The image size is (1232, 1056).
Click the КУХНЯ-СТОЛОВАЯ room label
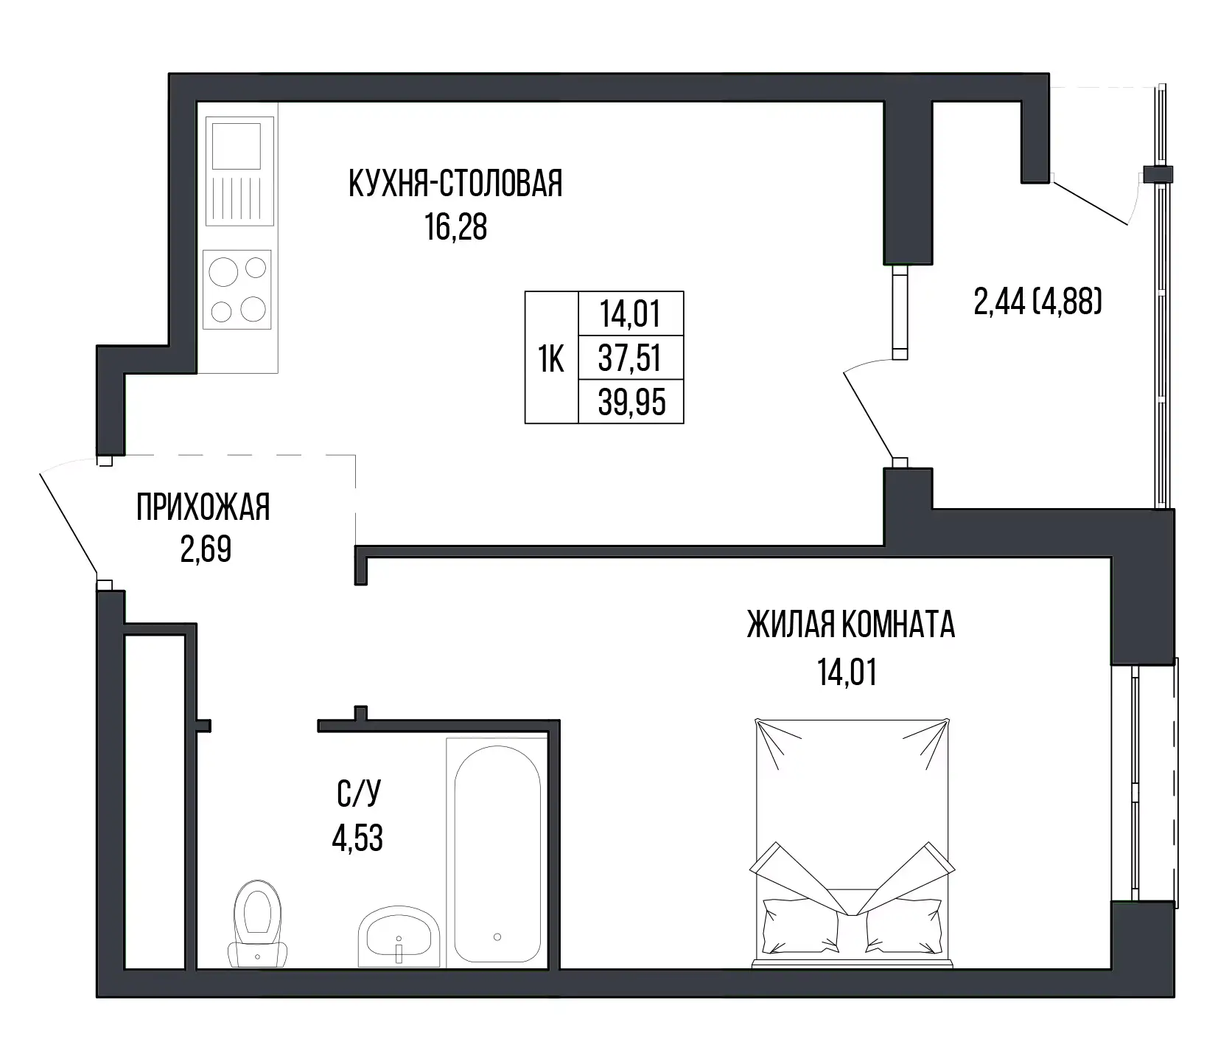455,184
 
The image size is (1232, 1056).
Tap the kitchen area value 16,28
455,228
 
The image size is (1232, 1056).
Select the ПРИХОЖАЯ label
203,508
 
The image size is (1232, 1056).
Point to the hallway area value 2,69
206,550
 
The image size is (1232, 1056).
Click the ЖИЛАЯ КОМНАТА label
851,625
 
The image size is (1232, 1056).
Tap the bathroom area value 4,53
357,838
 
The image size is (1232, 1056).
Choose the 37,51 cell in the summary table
631,360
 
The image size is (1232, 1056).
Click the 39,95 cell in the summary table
631,403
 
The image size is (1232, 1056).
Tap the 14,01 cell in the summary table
631,315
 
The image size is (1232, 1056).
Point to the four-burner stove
237,290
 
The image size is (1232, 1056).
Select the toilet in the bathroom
257,923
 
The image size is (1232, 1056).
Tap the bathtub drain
497,937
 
